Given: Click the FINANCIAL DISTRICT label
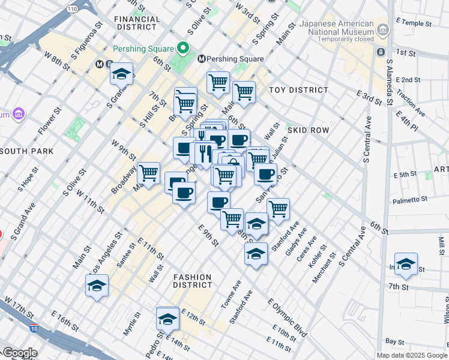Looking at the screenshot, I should point(137,23).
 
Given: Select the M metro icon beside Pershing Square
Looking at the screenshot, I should point(202,59).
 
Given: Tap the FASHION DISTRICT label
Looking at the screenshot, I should point(192,281).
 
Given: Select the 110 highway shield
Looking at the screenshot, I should point(71,9).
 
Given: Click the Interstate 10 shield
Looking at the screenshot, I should point(34,328).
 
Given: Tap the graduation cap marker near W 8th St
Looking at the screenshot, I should point(121,74).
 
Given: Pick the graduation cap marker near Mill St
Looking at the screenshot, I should point(406,265).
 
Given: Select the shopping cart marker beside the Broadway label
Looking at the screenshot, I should point(148,173).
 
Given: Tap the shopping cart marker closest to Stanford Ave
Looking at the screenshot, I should point(278,209).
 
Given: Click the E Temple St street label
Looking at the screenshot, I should point(414,23).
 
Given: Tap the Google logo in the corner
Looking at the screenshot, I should point(19,353).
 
